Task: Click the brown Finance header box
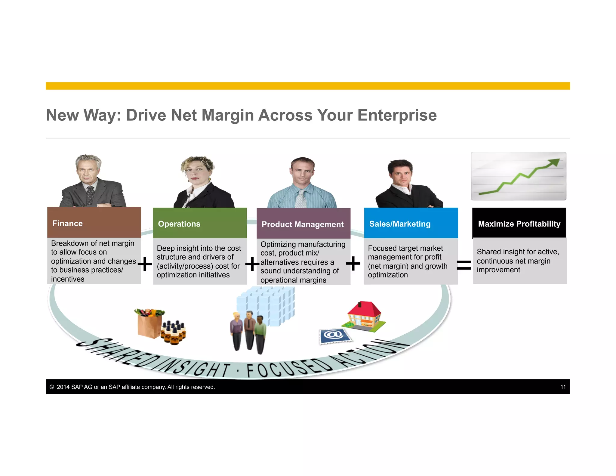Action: pyautogui.click(x=94, y=223)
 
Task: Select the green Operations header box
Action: pyautogui.click(x=200, y=223)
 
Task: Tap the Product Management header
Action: pyautogui.click(x=303, y=224)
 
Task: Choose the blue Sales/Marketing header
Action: pyautogui.click(x=411, y=223)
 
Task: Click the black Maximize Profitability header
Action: pyautogui.click(x=519, y=223)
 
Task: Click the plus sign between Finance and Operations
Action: pyautogui.click(x=145, y=264)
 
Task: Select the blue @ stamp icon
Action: pyautogui.click(x=334, y=335)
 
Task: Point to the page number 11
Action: pyautogui.click(x=563, y=387)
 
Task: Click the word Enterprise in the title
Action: pyautogui.click(x=397, y=115)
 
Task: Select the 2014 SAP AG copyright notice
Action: pyautogui.click(x=132, y=387)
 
